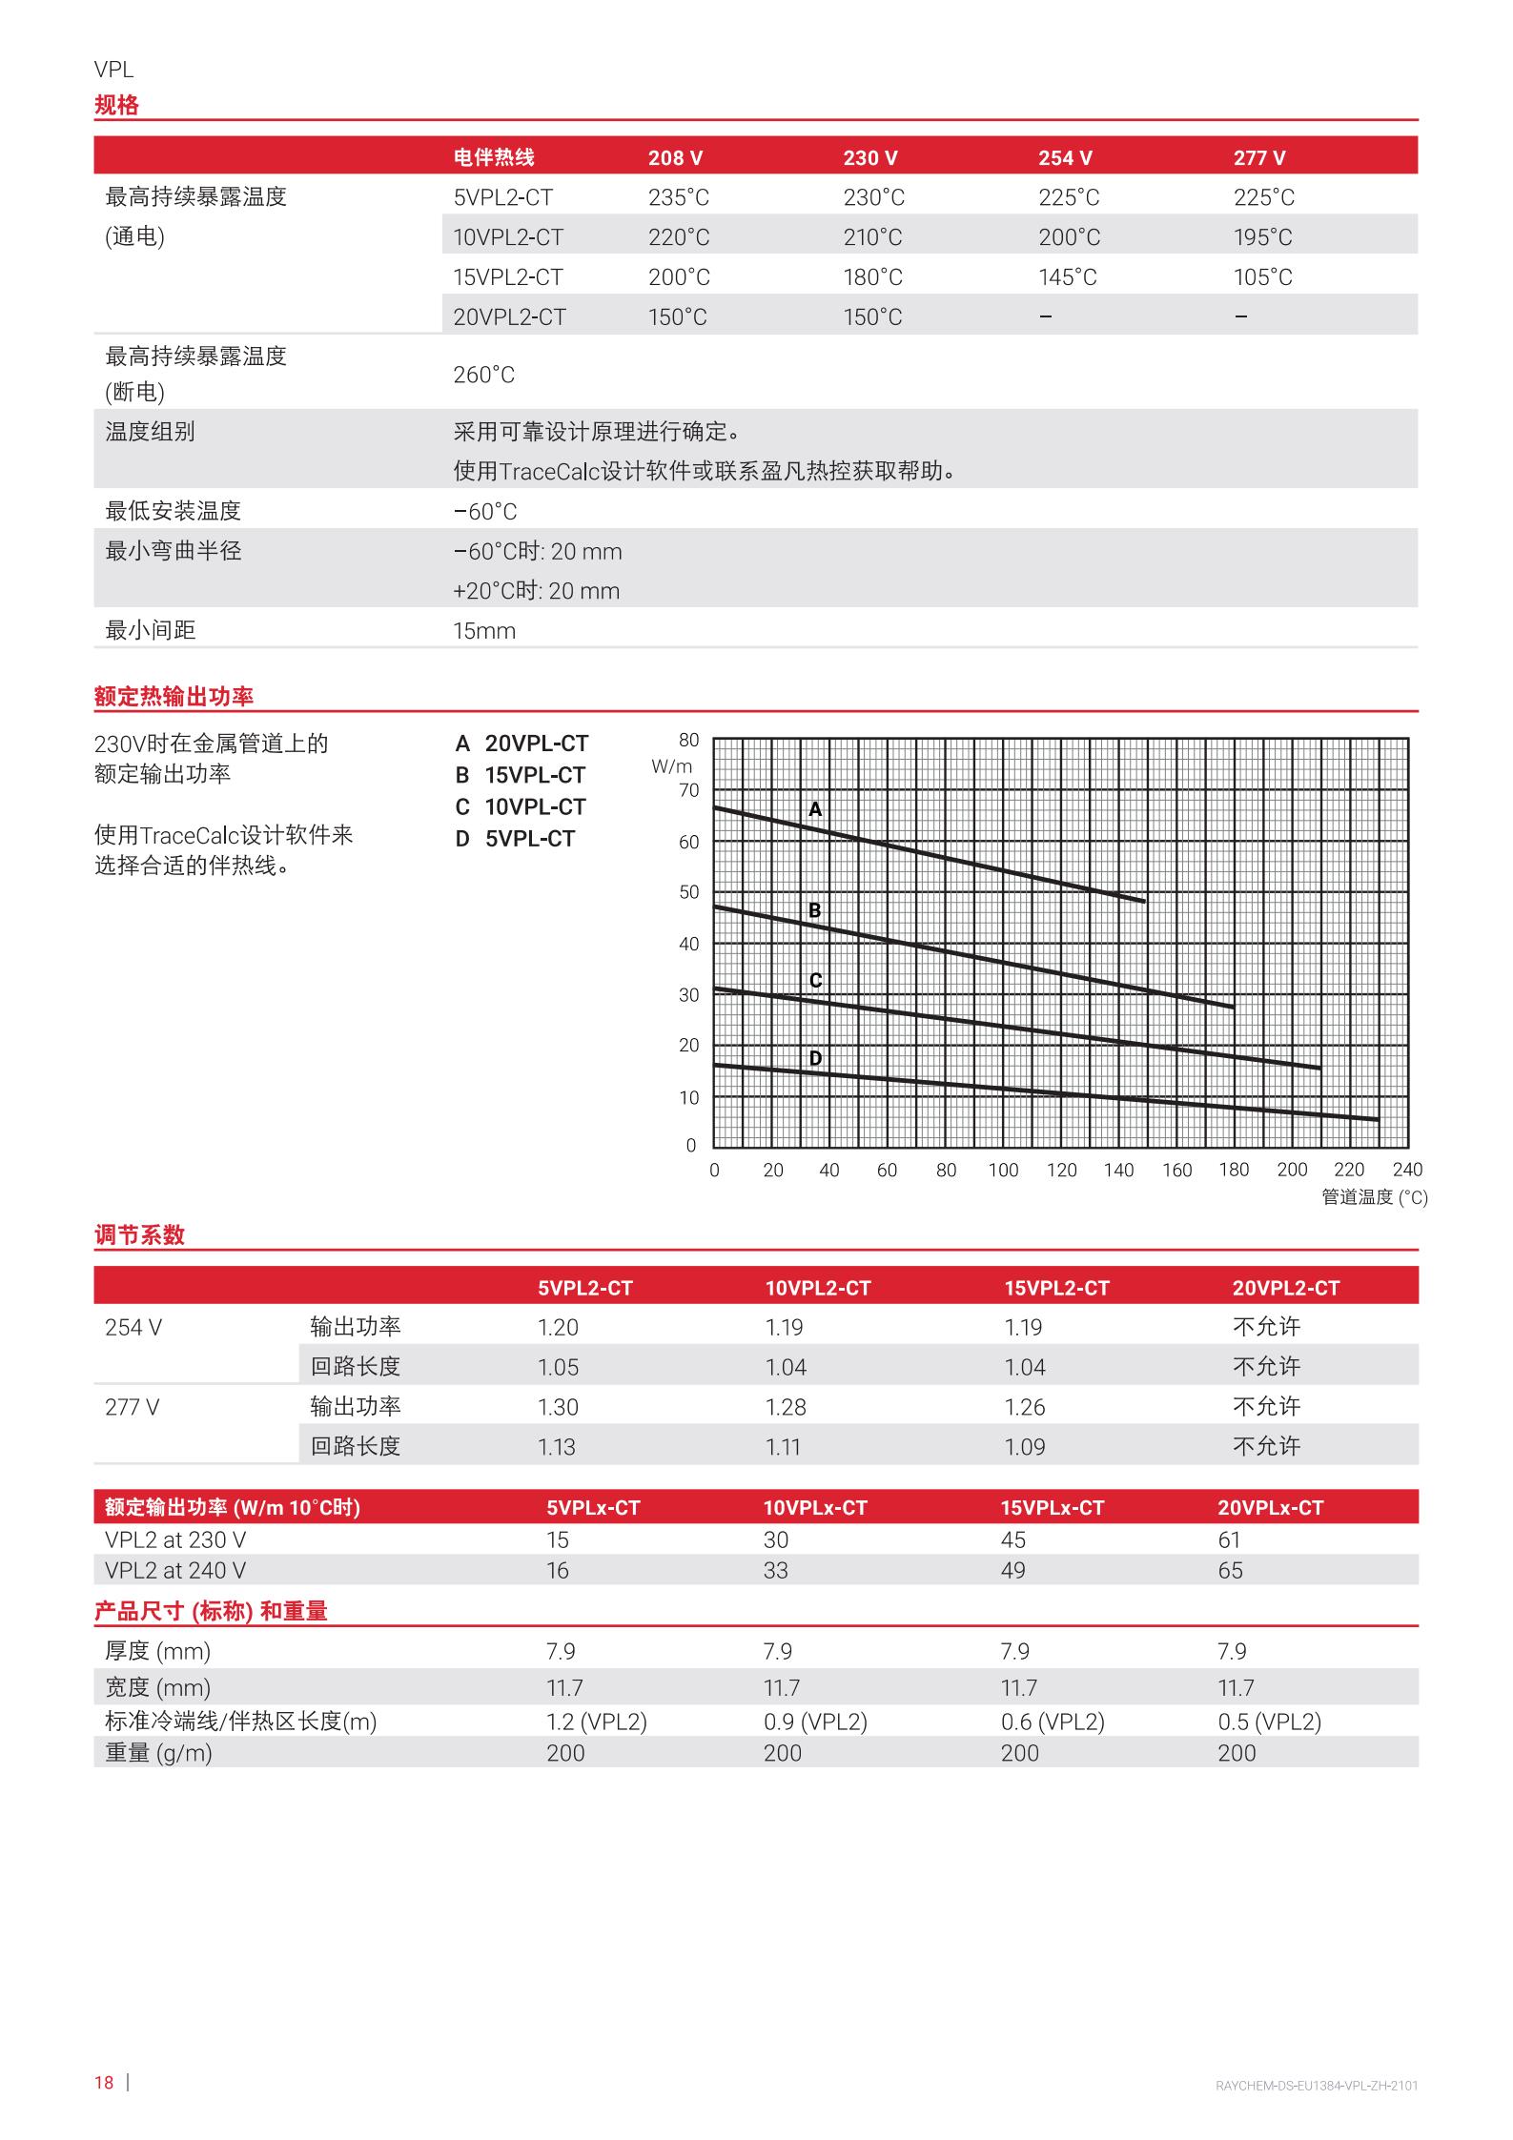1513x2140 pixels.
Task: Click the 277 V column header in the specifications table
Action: pyautogui.click(x=1258, y=158)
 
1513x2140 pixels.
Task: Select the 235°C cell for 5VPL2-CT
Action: pyautogui.click(x=679, y=197)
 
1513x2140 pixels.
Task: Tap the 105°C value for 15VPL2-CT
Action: pyautogui.click(x=1262, y=277)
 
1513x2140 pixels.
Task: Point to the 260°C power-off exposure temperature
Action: pyautogui.click(x=483, y=375)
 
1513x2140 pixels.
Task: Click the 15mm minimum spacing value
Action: pyautogui.click(x=484, y=631)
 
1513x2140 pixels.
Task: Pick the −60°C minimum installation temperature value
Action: pyautogui.click(x=485, y=512)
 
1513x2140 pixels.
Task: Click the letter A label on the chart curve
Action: pyautogui.click(x=815, y=809)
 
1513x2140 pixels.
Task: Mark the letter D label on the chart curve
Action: pyautogui.click(x=815, y=1058)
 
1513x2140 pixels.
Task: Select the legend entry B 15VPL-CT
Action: pyautogui.click(x=521, y=775)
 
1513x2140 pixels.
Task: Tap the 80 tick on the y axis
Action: pyautogui.click(x=688, y=740)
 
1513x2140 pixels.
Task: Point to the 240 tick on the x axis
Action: pyautogui.click(x=1407, y=1170)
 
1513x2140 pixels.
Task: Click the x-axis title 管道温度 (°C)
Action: pyautogui.click(x=1374, y=1197)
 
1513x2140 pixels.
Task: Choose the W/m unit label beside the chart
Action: pyautogui.click(x=672, y=766)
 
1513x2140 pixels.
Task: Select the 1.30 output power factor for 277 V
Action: pyautogui.click(x=558, y=1407)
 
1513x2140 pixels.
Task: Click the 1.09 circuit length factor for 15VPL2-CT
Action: pyautogui.click(x=1024, y=1447)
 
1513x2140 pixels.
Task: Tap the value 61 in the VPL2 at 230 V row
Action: pyautogui.click(x=1229, y=1539)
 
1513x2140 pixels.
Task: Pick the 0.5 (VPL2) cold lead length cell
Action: pyautogui.click(x=1269, y=1722)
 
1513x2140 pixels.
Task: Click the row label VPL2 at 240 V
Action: pyautogui.click(x=175, y=1570)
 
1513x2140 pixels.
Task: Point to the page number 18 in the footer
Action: pyautogui.click(x=104, y=2082)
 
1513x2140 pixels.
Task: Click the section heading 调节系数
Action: pyautogui.click(x=139, y=1235)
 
